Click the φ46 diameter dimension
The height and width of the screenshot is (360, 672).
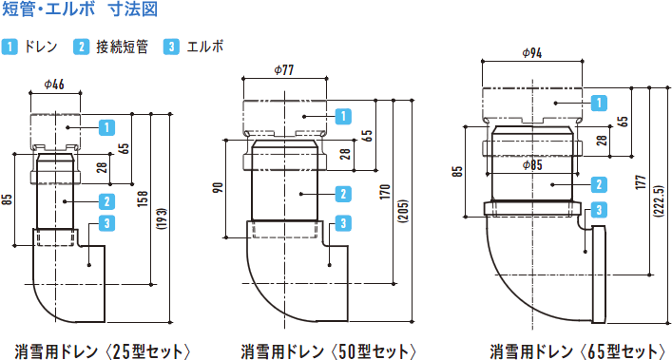point(54,85)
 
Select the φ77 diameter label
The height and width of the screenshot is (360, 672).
point(284,69)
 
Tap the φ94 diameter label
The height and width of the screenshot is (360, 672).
point(532,52)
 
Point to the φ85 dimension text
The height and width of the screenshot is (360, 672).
point(532,165)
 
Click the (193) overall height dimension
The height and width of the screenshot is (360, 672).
point(162,219)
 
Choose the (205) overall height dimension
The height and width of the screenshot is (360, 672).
point(403,212)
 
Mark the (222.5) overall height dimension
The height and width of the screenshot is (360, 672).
point(659,200)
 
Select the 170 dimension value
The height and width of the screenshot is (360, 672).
point(384,192)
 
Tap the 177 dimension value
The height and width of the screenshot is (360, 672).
point(641,182)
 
